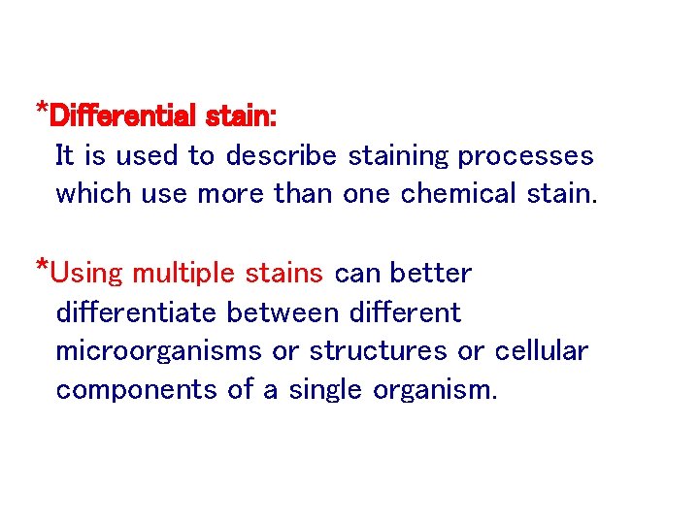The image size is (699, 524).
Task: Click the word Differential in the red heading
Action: [x=121, y=116]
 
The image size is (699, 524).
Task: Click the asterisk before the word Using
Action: [x=42, y=266]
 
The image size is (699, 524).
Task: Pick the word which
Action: [x=93, y=194]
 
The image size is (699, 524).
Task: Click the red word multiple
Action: [x=183, y=274]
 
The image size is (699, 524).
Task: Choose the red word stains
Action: [x=283, y=274]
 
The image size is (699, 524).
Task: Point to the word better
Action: [x=435, y=274]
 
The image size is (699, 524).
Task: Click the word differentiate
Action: [x=138, y=312]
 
